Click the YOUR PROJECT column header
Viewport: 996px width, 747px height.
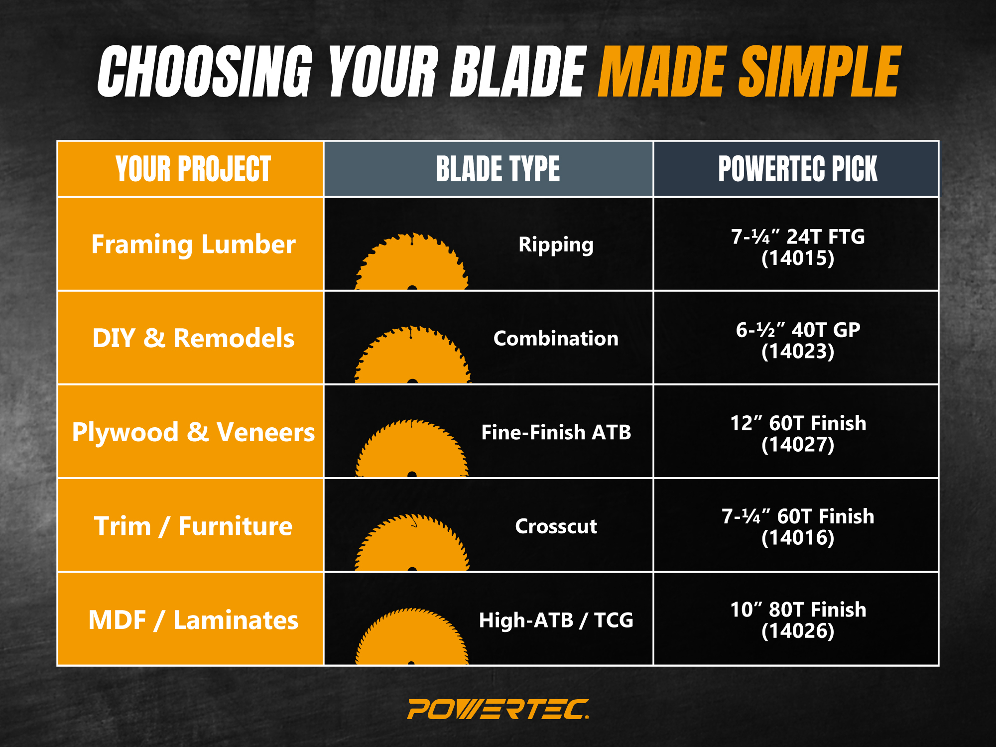(x=193, y=169)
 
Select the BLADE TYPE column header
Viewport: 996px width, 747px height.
(x=498, y=169)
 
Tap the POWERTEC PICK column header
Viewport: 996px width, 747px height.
(x=797, y=169)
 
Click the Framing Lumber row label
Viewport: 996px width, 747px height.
(x=193, y=245)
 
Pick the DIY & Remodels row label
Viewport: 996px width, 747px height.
(x=193, y=338)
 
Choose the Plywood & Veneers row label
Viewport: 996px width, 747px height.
(x=193, y=432)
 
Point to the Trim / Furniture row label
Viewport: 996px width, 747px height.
(x=193, y=526)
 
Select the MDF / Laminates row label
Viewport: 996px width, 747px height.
(x=193, y=620)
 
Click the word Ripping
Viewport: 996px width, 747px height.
(x=556, y=245)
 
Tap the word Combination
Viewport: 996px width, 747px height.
(x=556, y=339)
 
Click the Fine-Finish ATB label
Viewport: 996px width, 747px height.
(x=556, y=432)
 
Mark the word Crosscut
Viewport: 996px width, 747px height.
(x=556, y=526)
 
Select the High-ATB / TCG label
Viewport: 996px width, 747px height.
(x=556, y=621)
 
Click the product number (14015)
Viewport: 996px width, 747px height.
(x=797, y=258)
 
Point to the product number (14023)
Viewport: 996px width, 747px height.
(x=797, y=352)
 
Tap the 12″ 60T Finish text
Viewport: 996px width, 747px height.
(x=798, y=423)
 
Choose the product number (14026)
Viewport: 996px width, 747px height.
(x=797, y=631)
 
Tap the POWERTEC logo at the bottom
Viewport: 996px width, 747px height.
(x=498, y=709)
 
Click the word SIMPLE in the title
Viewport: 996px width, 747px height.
(x=820, y=71)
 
